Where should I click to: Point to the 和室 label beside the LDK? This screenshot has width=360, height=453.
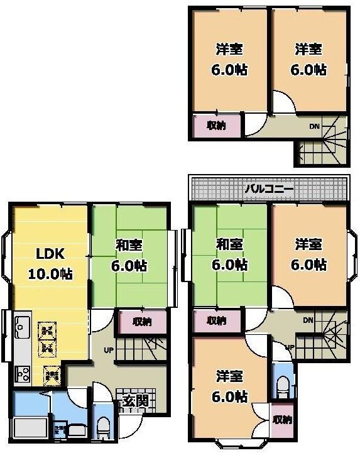pos(131,246)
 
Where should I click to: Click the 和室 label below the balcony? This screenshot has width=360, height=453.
pos(229,246)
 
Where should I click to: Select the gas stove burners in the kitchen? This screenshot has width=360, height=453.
pos(23,374)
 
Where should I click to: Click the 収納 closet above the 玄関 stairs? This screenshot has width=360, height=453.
pos(142,322)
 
